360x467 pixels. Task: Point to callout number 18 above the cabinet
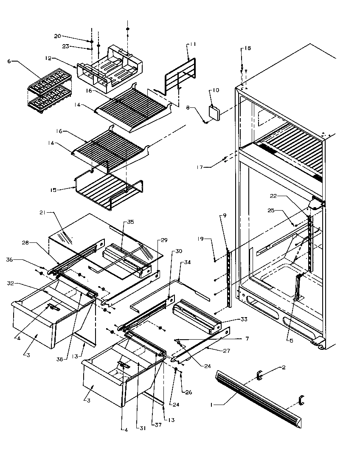[x=247, y=48]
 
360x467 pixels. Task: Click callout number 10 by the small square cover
[x=216, y=90]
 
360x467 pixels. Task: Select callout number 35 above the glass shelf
[x=131, y=222]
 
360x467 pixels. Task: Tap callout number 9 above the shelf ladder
[x=225, y=216]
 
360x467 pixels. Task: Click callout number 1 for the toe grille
[x=211, y=405]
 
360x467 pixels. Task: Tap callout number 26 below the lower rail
[x=189, y=392]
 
